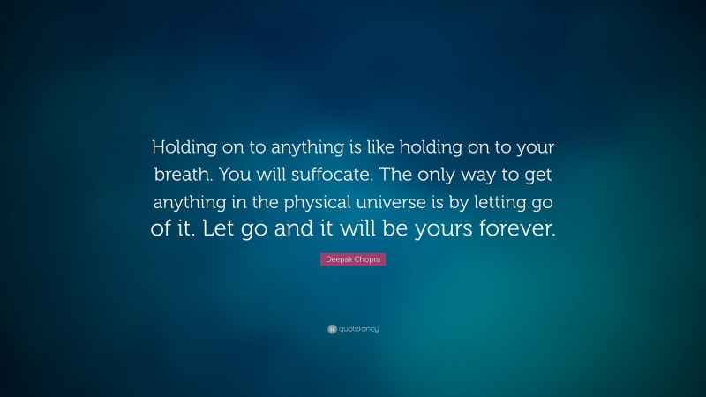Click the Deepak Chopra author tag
(353, 260)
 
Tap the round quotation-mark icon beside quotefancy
(332, 329)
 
